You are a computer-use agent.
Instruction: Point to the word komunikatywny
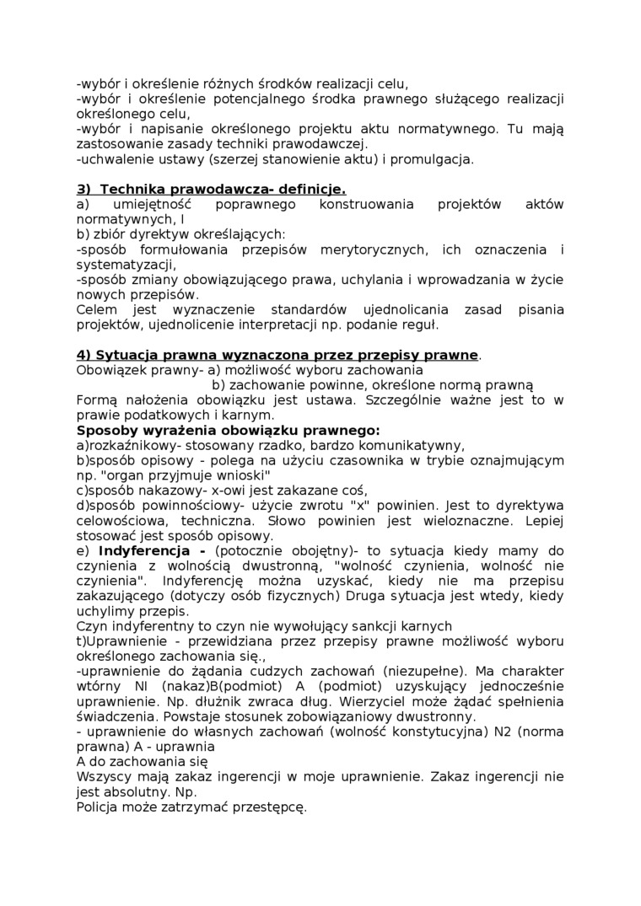coord(417,445)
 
